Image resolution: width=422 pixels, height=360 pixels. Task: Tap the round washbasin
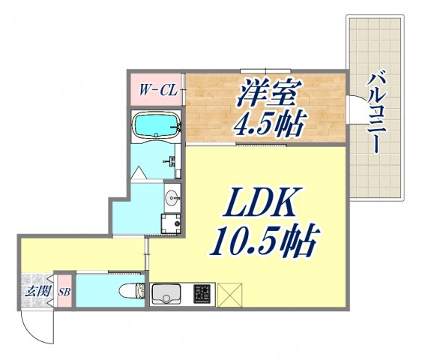coord(171,199)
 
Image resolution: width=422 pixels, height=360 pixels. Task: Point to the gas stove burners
coord(203,293)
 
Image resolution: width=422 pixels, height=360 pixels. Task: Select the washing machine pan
coord(171,223)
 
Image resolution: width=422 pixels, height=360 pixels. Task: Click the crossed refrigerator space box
coord(229,294)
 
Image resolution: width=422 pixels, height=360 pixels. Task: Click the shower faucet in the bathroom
coord(172,161)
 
